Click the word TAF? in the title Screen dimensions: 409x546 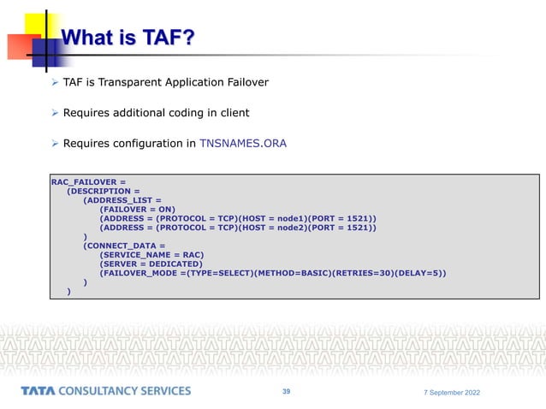(165, 37)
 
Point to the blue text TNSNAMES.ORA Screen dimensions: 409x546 (242, 144)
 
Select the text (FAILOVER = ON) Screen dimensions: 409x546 (137, 208)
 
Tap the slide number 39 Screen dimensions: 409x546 (287, 392)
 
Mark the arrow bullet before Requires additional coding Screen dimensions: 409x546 (55, 113)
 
